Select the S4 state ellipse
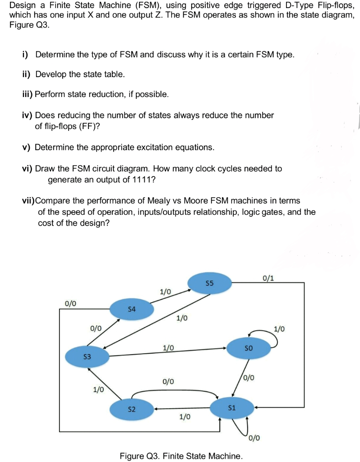coord(132,310)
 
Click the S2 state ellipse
coord(132,409)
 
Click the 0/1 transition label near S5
coord(268,278)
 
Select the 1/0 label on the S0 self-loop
coord(279,328)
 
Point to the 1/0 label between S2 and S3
coord(98,389)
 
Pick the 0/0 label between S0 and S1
coord(249,377)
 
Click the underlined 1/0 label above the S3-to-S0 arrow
coord(169,348)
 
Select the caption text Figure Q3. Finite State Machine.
coord(181,456)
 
